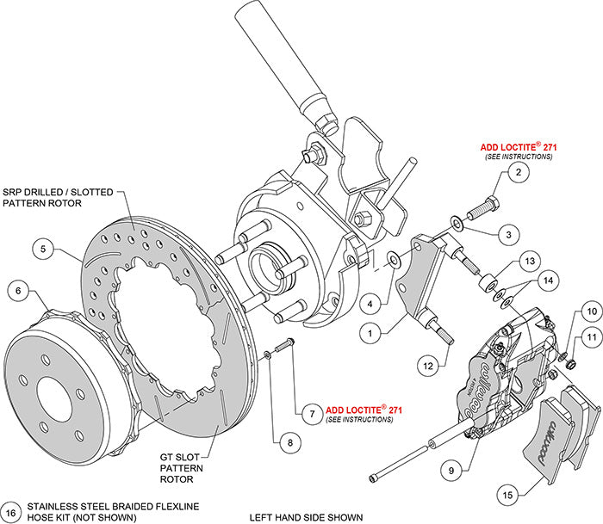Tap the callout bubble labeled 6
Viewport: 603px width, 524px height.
(18, 291)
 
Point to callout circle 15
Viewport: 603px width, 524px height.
(508, 494)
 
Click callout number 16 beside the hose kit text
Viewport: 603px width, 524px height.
(11, 511)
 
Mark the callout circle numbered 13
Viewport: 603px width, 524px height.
(528, 261)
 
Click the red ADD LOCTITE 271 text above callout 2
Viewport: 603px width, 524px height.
(518, 148)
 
